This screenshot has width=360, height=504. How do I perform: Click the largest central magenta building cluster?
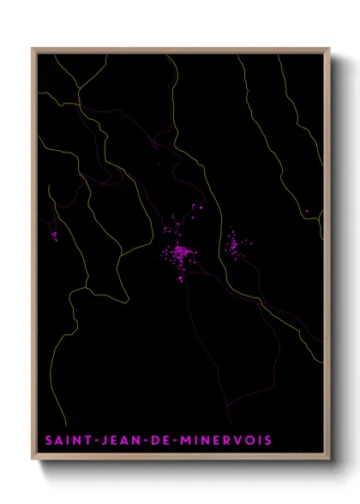tap(180, 254)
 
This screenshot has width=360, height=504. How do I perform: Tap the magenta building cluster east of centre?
tap(233, 244)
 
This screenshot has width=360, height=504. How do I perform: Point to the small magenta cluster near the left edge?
tap(54, 234)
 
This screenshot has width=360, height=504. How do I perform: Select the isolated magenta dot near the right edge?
tap(307, 211)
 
